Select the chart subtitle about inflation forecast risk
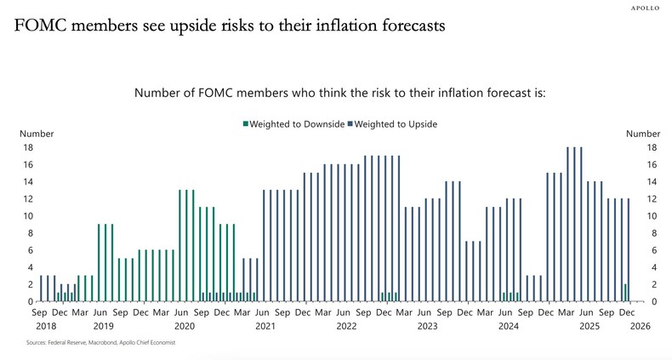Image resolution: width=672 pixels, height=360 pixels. (x=339, y=92)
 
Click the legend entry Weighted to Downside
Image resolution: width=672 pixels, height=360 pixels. (x=293, y=124)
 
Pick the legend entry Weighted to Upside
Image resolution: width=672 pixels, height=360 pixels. (x=392, y=124)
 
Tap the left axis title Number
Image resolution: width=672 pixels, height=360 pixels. (x=37, y=134)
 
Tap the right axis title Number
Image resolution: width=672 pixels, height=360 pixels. (x=642, y=134)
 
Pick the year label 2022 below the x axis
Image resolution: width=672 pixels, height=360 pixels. (x=345, y=326)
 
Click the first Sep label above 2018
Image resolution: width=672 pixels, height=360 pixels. (x=40, y=313)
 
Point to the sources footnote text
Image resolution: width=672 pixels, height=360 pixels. (x=94, y=343)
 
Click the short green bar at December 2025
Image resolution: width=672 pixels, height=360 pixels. (x=625, y=293)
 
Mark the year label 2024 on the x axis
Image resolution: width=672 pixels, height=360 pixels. (x=508, y=326)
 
